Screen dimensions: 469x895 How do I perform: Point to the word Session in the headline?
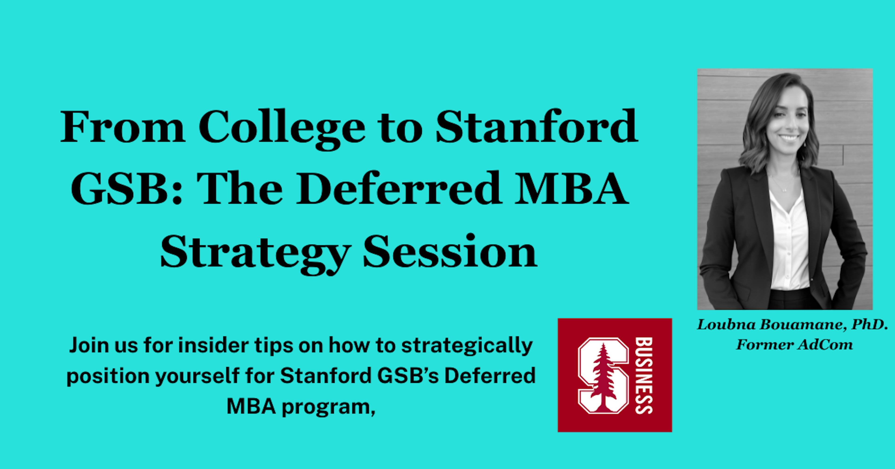tap(450, 251)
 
